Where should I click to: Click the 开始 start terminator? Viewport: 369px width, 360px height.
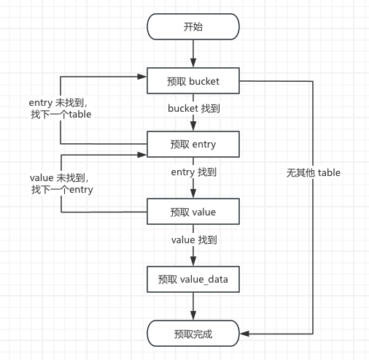tap(193, 26)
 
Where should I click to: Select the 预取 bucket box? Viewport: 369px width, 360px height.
tap(193, 81)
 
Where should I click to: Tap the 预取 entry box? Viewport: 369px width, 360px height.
tap(193, 144)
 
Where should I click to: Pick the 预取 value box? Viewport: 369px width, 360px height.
tap(193, 212)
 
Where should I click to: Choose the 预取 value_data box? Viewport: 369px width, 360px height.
tap(193, 279)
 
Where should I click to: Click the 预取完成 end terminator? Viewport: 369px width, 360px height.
tap(193, 334)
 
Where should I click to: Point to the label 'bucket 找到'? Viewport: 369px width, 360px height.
tap(194, 108)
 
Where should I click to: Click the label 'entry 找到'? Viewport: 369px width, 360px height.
tap(194, 172)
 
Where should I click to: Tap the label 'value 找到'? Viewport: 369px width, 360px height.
tap(194, 240)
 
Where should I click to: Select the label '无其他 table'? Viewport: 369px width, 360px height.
tap(314, 172)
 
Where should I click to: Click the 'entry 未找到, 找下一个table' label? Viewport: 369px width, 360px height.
tap(61, 108)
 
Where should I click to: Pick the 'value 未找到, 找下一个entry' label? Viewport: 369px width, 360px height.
tap(61, 183)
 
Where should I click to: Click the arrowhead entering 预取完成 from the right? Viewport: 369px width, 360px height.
tap(244, 334)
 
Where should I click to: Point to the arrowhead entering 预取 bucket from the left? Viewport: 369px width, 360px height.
tap(142, 77)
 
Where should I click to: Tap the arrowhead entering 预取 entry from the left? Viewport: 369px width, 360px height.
tap(142, 155)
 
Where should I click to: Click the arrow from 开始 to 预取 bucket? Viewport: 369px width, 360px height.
tap(193, 54)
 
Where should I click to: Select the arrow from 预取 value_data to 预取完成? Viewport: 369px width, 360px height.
tap(193, 307)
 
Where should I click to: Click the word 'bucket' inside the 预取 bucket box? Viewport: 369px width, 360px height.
tap(204, 81)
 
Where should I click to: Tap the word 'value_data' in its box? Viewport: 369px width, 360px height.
tap(204, 280)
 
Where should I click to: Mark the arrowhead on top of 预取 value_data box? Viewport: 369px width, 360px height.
tap(193, 261)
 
